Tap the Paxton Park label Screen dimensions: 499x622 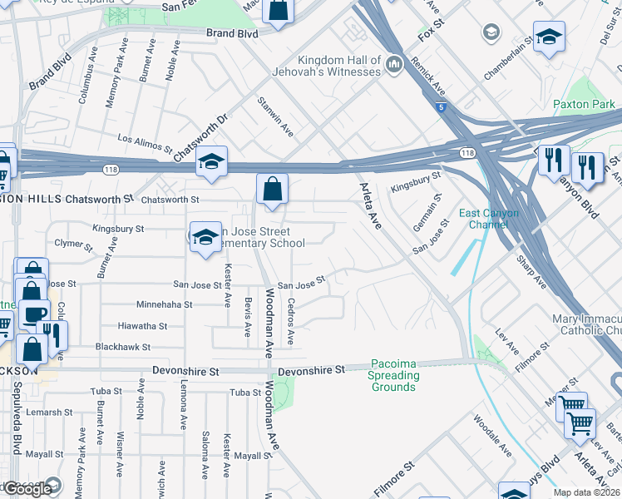pyautogui.click(x=583, y=105)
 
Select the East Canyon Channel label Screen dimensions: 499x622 pyautogui.click(x=489, y=220)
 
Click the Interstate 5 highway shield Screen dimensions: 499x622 pyautogui.click(x=440, y=106)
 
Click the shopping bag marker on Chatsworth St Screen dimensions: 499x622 pyautogui.click(x=272, y=190)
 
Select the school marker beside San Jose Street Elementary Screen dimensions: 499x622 pyautogui.click(x=205, y=238)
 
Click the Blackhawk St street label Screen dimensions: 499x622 pyautogui.click(x=123, y=347)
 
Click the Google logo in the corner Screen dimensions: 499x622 pyautogui.click(x=27, y=489)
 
